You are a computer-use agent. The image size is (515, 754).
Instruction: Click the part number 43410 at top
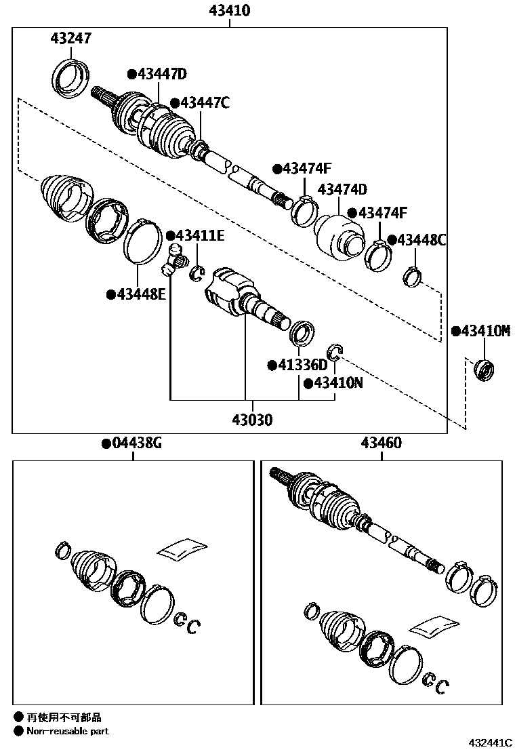(230, 10)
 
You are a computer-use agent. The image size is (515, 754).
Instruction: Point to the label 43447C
(201, 102)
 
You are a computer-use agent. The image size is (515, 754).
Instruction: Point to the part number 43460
(381, 443)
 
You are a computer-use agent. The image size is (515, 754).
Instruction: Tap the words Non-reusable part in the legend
(67, 731)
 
